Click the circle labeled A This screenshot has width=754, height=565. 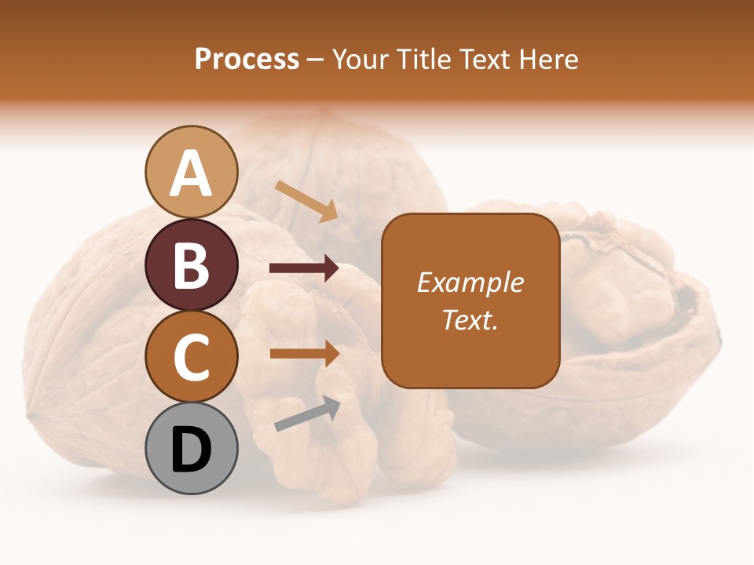point(191,172)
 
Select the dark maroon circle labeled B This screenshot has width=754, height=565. point(191,264)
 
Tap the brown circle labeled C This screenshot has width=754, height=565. point(191,356)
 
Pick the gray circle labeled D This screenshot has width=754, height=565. point(191,448)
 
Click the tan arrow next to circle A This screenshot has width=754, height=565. point(306,201)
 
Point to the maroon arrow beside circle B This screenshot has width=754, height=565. point(304,268)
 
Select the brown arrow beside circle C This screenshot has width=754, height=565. point(304,353)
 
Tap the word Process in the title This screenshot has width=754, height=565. point(247,59)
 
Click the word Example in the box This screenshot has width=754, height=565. point(470,282)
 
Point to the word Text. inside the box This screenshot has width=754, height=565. point(470,319)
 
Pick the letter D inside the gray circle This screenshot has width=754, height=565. point(191,450)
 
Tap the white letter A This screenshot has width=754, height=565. point(191,173)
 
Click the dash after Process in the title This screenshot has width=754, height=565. point(316,60)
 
